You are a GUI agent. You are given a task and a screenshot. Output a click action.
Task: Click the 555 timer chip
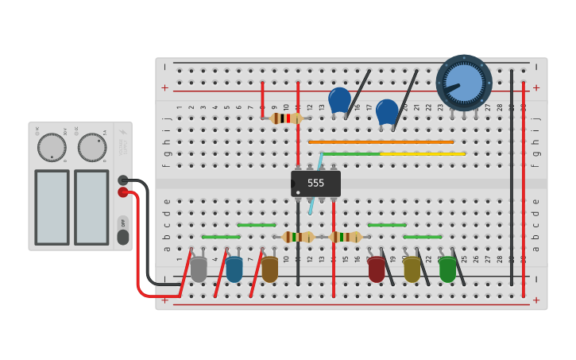(x=315, y=184)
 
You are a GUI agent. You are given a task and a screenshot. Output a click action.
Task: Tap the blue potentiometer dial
(x=464, y=83)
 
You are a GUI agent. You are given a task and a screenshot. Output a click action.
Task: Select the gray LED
(x=199, y=269)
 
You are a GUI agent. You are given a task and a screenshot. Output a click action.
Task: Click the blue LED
(x=234, y=269)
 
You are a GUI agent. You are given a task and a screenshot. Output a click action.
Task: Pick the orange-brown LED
(x=269, y=269)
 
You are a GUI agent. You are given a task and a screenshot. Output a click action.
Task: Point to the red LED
(x=376, y=269)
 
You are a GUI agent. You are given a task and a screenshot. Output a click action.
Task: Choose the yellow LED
(x=412, y=269)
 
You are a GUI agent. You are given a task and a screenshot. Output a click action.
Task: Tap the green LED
(x=447, y=269)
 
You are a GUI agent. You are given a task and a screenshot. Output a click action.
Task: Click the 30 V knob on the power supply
(x=52, y=147)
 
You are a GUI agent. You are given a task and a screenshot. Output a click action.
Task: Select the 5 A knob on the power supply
(x=92, y=147)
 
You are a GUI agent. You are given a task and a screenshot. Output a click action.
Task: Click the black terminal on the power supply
(x=123, y=180)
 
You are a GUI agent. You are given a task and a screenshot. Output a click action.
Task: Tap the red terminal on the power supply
(x=123, y=192)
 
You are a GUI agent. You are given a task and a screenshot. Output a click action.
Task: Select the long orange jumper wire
(x=381, y=142)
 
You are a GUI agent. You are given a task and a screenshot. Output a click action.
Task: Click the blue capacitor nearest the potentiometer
(x=387, y=112)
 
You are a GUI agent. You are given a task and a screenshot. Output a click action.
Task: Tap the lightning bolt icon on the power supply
(x=122, y=133)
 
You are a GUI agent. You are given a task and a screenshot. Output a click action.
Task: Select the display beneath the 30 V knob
(x=52, y=207)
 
